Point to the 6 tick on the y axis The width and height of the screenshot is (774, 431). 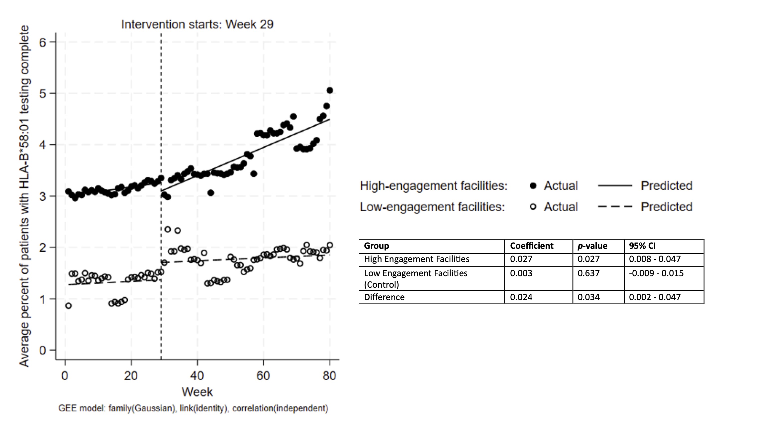(x=43, y=42)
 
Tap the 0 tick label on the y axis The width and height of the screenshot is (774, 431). (x=43, y=350)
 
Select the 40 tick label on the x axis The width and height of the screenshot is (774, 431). (x=197, y=376)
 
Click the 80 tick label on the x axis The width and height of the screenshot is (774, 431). (x=329, y=376)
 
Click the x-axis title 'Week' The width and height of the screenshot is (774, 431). (x=197, y=392)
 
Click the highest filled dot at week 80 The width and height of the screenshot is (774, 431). (x=330, y=90)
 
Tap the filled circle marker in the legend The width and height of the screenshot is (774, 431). (x=533, y=186)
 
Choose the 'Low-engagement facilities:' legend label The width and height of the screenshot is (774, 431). (x=432, y=207)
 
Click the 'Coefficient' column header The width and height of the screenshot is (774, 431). (x=532, y=246)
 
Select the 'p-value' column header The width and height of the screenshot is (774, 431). (x=592, y=246)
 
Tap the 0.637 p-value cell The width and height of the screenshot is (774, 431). (x=588, y=273)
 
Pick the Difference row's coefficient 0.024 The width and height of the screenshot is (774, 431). (x=521, y=297)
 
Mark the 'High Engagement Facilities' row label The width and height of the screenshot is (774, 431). (x=416, y=259)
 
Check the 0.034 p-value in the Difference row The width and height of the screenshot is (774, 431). (x=588, y=297)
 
